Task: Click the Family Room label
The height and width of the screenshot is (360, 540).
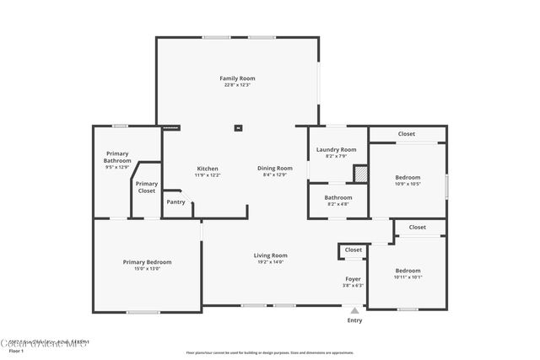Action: pyautogui.click(x=237, y=78)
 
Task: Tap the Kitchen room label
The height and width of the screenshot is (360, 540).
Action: pyautogui.click(x=208, y=168)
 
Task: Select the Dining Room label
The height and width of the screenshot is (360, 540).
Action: pyautogui.click(x=275, y=168)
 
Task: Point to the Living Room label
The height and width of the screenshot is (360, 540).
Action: pyautogui.click(x=271, y=255)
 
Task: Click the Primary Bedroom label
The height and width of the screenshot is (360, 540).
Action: pyautogui.click(x=147, y=262)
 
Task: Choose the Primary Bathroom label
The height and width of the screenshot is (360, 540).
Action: pyautogui.click(x=117, y=157)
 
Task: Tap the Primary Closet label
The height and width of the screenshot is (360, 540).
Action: pyautogui.click(x=146, y=186)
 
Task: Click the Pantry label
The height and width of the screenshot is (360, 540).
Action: pyautogui.click(x=175, y=202)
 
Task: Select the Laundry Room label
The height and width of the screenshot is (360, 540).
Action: pyautogui.click(x=336, y=149)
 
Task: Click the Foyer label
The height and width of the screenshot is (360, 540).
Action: pyautogui.click(x=353, y=278)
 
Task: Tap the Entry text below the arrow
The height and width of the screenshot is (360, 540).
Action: pyautogui.click(x=354, y=320)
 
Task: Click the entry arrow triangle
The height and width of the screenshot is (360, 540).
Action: pyautogui.click(x=354, y=310)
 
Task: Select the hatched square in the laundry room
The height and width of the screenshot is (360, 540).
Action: pyautogui.click(x=360, y=172)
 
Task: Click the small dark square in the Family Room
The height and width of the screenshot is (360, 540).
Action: pyautogui.click(x=238, y=128)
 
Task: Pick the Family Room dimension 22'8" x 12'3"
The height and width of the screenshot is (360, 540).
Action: pyautogui.click(x=237, y=85)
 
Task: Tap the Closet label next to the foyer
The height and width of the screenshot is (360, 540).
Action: pyautogui.click(x=353, y=250)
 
